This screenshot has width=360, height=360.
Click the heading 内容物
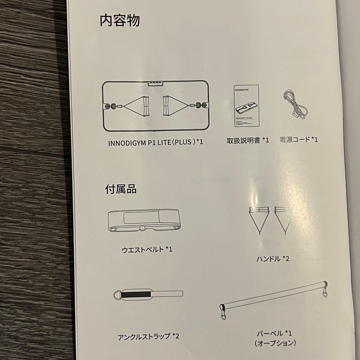coord(120,21)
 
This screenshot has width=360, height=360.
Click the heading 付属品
coord(121,189)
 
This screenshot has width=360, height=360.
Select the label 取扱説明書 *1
coord(247,140)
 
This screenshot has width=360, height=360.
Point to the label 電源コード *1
coord(299,140)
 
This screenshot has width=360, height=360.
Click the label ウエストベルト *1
coord(147,249)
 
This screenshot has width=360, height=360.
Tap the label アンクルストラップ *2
coord(149,336)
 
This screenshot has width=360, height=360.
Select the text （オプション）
coord(275,343)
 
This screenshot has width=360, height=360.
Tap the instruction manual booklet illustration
coord(246,106)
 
